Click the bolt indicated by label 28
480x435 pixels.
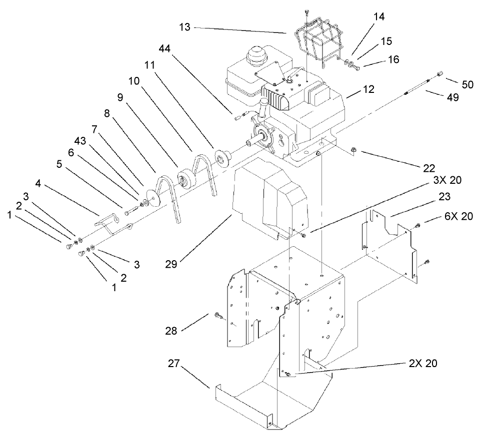[218, 315]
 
